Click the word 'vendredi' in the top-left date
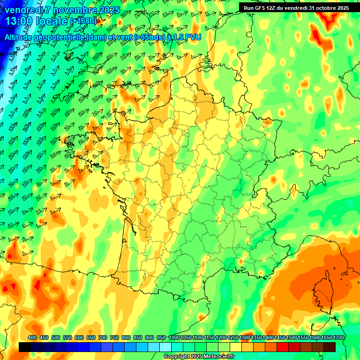23,10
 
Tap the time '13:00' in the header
18,21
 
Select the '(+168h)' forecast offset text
83,21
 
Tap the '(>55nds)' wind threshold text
135,37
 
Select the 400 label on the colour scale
32,338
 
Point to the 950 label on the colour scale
161,338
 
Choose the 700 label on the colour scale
103,338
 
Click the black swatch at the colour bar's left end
25,347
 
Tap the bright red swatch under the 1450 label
283,347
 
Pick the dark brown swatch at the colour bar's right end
330,347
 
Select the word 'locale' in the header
51,21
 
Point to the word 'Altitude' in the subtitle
21,37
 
